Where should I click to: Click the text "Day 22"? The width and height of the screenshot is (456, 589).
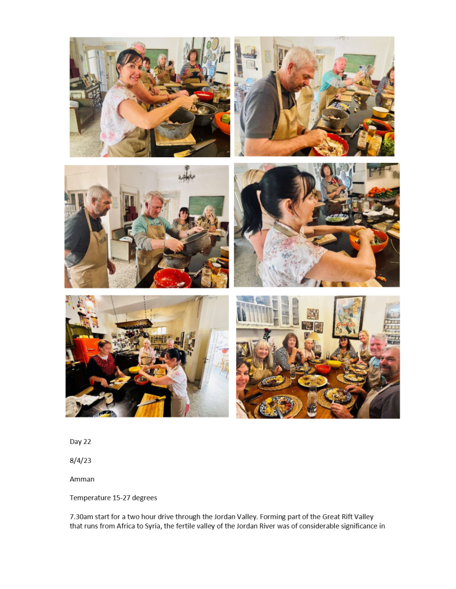[x=80, y=442]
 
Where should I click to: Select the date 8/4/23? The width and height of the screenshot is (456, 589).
[x=80, y=460]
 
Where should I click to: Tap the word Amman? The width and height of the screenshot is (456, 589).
[x=82, y=479]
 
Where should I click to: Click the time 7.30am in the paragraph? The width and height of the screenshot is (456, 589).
[x=81, y=516]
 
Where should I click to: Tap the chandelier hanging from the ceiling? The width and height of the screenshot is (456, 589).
[x=186, y=174]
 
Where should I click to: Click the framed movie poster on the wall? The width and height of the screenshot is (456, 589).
[x=348, y=317]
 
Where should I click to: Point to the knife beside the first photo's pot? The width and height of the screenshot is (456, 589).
[x=194, y=147]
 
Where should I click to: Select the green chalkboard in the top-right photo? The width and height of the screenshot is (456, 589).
[x=359, y=63]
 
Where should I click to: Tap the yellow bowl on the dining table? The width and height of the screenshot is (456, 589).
[x=334, y=363]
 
